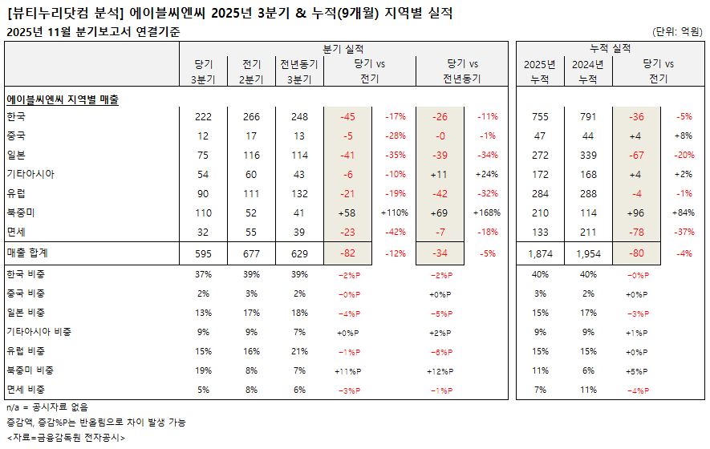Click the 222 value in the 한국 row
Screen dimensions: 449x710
tap(203, 117)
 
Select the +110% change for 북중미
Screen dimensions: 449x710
tap(394, 213)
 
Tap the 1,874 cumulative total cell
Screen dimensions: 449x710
tap(540, 253)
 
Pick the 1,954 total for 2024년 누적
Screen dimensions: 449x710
tap(588, 253)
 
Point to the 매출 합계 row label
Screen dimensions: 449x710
tap(27, 253)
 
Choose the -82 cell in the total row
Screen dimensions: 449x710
tap(348, 253)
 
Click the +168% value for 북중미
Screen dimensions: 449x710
tap(486, 213)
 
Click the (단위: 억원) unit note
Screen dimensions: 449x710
tap(678, 32)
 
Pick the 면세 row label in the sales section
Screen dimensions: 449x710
tap(16, 233)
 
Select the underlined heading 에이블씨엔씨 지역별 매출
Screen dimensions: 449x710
tap(63, 99)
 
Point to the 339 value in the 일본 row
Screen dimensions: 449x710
tap(588, 156)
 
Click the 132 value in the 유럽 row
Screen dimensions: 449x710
tap(300, 194)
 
